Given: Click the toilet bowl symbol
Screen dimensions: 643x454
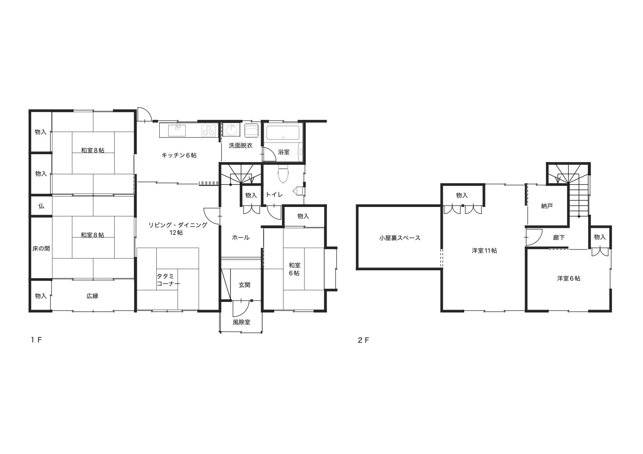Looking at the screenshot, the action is (283, 173).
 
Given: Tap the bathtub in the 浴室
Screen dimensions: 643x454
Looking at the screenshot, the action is (283, 133).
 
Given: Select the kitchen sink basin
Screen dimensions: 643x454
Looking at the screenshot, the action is (177, 130).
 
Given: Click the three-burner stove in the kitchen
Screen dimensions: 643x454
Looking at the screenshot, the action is (209, 130).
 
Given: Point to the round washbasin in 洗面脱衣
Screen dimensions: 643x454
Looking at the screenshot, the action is (231, 130).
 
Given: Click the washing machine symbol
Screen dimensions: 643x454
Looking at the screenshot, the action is (251, 130).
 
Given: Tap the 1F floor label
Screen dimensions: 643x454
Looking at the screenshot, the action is (36, 340).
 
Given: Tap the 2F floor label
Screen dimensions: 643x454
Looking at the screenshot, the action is (363, 340).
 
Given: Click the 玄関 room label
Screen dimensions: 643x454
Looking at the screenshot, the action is (245, 285).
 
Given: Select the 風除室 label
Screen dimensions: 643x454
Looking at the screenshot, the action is (241, 322).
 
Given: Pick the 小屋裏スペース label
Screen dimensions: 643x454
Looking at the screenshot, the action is (399, 238).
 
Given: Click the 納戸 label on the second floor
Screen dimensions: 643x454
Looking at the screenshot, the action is (547, 206).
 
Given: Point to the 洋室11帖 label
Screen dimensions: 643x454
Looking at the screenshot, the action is (485, 251).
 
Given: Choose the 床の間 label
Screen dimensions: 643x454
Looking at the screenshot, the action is (41, 248).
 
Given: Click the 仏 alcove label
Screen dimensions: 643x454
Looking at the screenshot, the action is (41, 206).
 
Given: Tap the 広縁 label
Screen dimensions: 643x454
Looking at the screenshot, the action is (93, 296).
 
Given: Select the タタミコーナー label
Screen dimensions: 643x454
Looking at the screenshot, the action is (168, 280).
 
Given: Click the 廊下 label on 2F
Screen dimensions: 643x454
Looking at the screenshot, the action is (559, 238).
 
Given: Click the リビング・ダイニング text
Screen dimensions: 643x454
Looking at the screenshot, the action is (178, 225).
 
